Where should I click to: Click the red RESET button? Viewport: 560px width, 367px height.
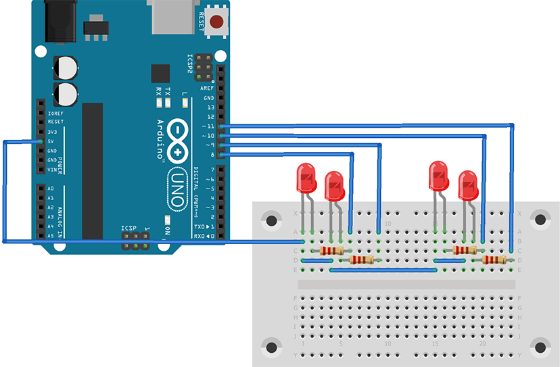click(216, 21)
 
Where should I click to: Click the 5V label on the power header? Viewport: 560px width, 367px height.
click(51, 141)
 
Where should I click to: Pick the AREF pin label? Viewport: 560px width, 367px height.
click(207, 89)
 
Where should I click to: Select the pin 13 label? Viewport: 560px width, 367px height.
click(210, 107)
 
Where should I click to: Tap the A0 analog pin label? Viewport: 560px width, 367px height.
click(51, 189)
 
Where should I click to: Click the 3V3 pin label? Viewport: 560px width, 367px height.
click(52, 132)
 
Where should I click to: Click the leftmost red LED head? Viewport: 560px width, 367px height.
click(306, 178)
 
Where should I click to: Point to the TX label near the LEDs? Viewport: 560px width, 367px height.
click(168, 91)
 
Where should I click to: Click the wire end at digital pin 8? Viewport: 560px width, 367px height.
click(223, 155)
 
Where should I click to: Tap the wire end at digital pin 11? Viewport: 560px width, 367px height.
click(223, 126)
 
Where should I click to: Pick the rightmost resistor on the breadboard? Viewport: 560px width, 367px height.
click(494, 260)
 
